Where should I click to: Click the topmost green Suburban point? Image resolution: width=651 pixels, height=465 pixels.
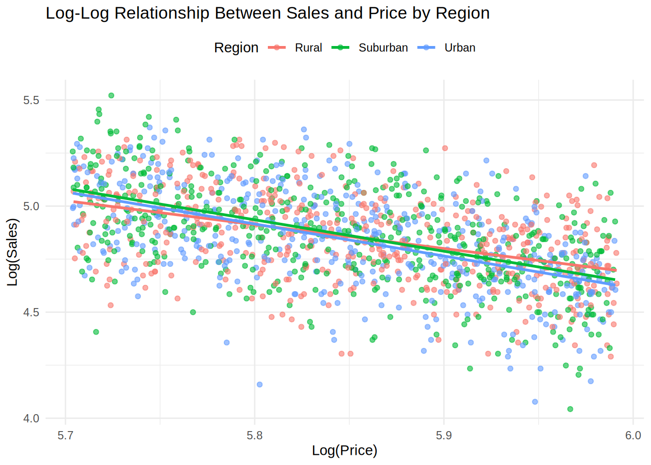click(x=111, y=95)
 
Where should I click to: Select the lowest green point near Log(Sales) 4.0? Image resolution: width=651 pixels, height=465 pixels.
click(x=570, y=409)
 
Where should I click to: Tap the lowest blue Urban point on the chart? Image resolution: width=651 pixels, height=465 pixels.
click(x=535, y=402)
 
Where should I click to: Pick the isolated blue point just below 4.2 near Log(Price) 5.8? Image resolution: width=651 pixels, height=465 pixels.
click(x=260, y=385)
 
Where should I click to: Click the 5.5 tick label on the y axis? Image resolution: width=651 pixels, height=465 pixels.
click(x=31, y=100)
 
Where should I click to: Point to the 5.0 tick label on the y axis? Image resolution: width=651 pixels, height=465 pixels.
click(x=31, y=206)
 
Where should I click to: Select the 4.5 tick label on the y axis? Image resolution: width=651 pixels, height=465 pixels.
click(x=31, y=312)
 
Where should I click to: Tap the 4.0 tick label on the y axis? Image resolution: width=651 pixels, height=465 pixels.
click(x=31, y=418)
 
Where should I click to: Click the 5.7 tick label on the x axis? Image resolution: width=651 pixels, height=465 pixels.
click(x=65, y=435)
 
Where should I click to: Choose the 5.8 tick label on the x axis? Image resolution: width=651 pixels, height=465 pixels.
click(x=255, y=435)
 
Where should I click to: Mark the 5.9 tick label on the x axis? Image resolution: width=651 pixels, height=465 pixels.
click(x=444, y=435)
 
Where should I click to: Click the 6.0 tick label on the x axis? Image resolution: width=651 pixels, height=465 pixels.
click(x=633, y=435)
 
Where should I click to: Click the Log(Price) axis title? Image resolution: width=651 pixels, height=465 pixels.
click(x=344, y=450)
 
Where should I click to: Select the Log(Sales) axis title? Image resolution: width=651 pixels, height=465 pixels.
click(x=13, y=252)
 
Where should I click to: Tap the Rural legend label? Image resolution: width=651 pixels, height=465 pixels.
click(x=309, y=47)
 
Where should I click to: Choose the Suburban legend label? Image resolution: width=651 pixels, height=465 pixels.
click(x=383, y=47)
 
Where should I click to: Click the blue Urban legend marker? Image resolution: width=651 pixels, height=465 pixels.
click(x=427, y=47)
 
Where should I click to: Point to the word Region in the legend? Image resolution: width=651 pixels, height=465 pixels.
click(x=236, y=47)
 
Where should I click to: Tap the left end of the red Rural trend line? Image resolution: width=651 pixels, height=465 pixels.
click(x=75, y=201)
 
